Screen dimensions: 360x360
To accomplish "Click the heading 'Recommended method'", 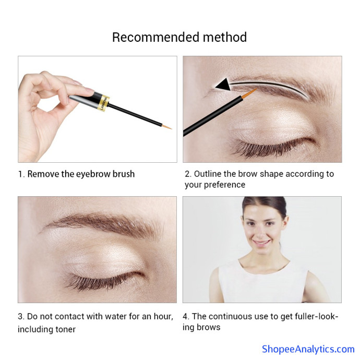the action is [x=179, y=37].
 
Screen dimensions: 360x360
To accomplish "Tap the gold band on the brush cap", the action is [x=103, y=102].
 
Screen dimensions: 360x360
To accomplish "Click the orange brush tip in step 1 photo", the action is [x=166, y=126].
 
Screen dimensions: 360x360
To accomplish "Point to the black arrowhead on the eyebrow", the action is [x=223, y=84].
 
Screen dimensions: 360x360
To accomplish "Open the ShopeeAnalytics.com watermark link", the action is [x=308, y=349].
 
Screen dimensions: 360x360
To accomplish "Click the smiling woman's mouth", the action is [x=261, y=243].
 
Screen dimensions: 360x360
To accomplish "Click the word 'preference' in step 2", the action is [x=224, y=185].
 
